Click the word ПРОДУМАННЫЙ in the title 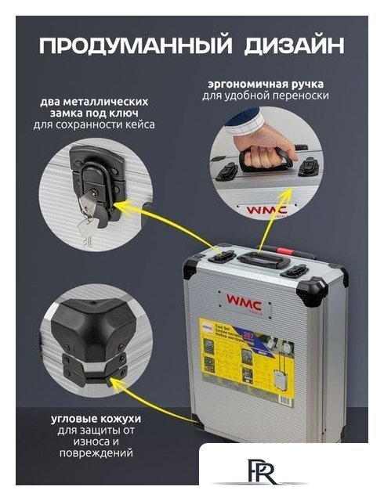[x=133, y=44]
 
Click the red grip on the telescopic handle [x=291, y=259]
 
